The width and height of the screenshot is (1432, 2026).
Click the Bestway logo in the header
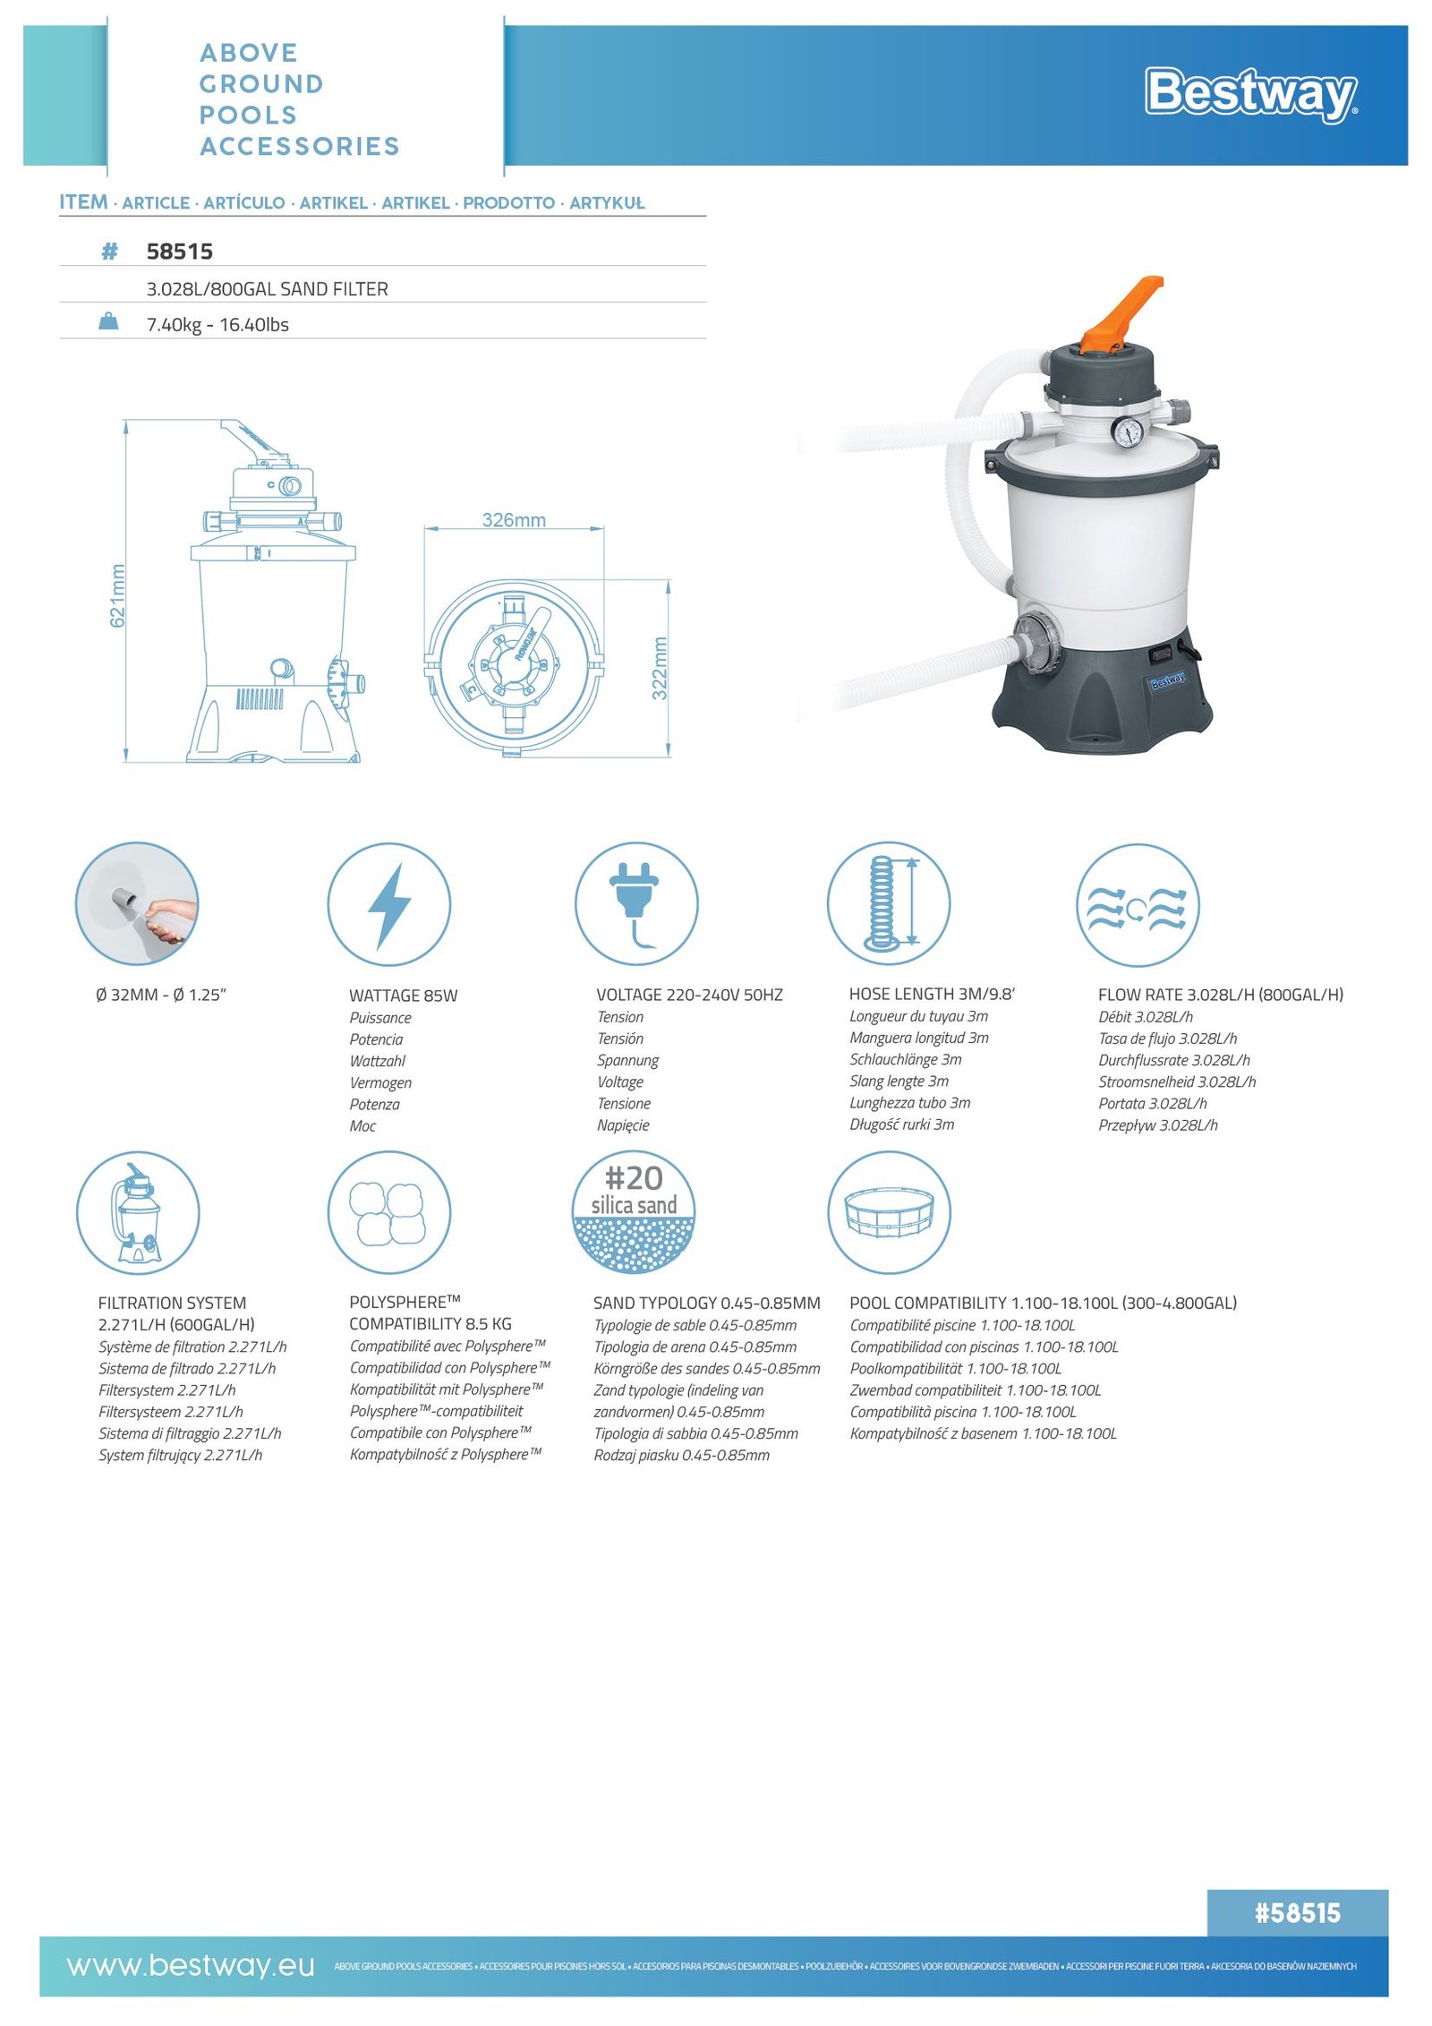[1251, 94]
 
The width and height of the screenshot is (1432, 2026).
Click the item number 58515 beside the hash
[179, 252]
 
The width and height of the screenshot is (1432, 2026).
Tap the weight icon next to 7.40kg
[108, 321]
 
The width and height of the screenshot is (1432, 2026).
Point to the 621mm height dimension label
[117, 595]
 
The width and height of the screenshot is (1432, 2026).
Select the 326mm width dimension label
[514, 520]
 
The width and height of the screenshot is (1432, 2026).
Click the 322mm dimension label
[660, 669]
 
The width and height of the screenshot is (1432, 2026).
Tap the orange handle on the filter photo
[1121, 312]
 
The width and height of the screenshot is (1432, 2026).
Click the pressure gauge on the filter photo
[1127, 432]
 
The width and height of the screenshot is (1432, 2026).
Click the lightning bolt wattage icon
[389, 905]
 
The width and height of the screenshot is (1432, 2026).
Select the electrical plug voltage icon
[635, 904]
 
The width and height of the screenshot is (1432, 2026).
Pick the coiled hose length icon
[889, 903]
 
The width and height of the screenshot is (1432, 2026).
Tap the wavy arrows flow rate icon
[1137, 905]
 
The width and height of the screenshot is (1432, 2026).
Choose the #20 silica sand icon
[634, 1212]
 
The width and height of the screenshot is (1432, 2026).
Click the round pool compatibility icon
[889, 1212]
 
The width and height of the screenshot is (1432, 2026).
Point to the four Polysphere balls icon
[389, 1212]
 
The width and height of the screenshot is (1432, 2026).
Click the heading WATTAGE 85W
[403, 996]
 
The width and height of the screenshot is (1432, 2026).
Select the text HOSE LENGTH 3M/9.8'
[932, 994]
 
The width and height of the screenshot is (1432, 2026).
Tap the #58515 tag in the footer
[1297, 1913]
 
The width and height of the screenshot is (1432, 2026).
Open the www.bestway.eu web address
[191, 1966]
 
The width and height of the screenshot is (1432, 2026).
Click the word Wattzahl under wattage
[377, 1061]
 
